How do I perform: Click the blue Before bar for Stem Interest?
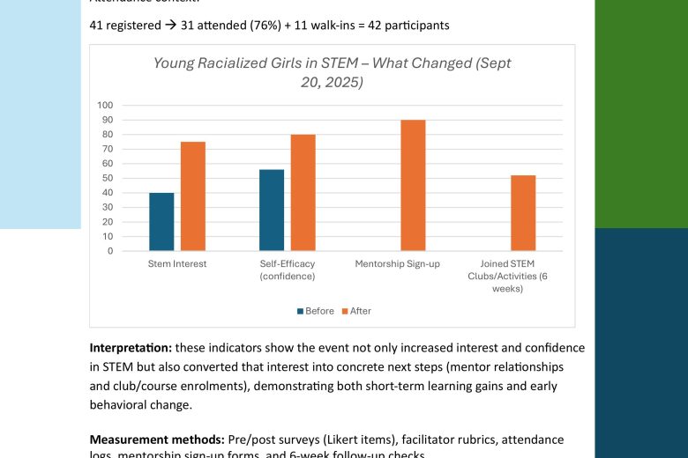tap(161, 222)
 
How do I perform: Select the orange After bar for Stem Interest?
tap(193, 196)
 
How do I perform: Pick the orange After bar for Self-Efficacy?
tap(303, 193)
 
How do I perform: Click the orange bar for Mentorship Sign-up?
tap(413, 185)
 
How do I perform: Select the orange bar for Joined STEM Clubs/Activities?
tap(523, 213)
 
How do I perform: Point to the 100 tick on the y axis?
tap(105, 105)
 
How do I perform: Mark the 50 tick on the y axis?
tap(108, 178)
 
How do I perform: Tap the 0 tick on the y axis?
tap(110, 251)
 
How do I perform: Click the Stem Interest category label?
tap(177, 263)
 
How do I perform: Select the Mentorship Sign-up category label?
tap(397, 263)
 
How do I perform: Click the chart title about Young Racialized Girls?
tap(332, 72)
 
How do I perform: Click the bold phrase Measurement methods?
tap(156, 439)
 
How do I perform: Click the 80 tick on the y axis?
tap(108, 134)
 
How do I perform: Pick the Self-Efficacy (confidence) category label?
tap(288, 270)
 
